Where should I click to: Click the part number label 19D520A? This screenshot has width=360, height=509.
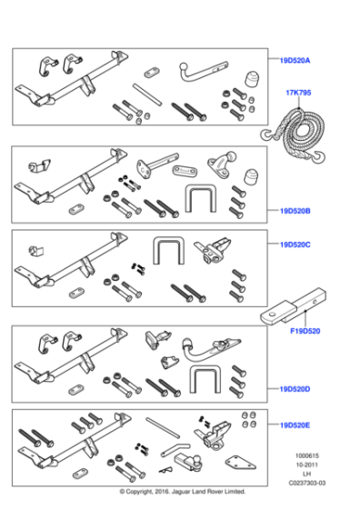[295, 61]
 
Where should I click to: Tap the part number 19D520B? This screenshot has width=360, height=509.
[295, 212]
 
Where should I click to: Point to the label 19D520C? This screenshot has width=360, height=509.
[295, 245]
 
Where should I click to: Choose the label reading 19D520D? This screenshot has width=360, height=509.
[295, 389]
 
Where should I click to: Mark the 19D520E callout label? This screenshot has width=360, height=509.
[295, 424]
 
